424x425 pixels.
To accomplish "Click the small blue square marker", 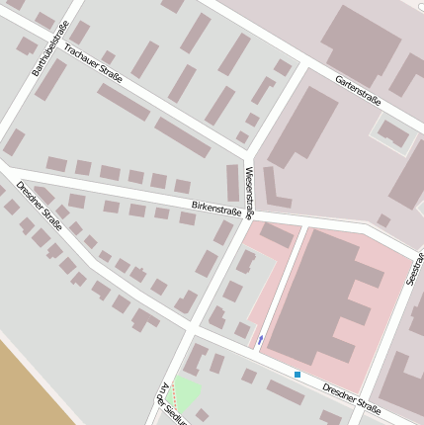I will point(297,374).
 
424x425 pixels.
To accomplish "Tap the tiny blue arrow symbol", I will point(260,340).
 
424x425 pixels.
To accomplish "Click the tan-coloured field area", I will point(30,385).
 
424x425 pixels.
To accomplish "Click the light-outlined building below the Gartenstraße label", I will point(392,133).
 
